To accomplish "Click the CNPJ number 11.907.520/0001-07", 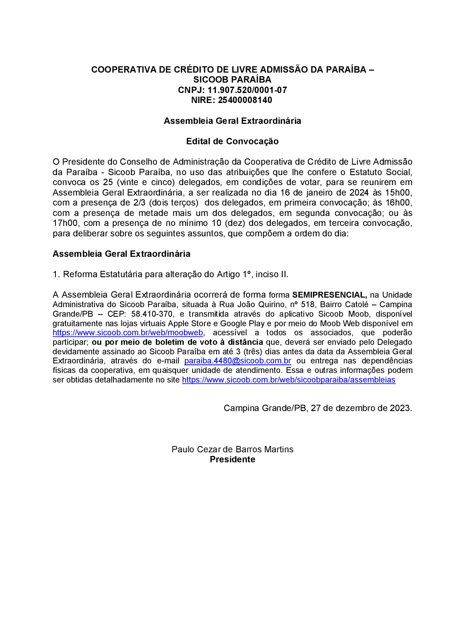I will pos(247,90).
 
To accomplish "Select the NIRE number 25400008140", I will pos(245,100).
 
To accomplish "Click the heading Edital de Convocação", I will pos(232,142).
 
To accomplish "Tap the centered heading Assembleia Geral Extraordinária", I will pos(232,121).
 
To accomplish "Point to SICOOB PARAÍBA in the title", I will pos(232,80).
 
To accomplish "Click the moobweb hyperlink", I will pos(128,333).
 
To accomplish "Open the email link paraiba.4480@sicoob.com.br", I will pos(237,361).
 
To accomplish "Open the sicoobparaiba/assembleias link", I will pos(288,380).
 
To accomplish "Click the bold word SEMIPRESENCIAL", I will pos(329,295).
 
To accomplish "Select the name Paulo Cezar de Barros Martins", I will pos(232,450).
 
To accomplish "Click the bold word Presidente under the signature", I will pos(232,460).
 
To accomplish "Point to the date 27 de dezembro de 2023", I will pos(361,408).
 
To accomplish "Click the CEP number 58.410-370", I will pos(152,314).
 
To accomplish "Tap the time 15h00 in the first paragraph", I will pos(398,193).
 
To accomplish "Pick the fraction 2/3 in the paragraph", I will pos(139,203).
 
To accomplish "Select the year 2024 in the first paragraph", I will pos(359,193).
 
